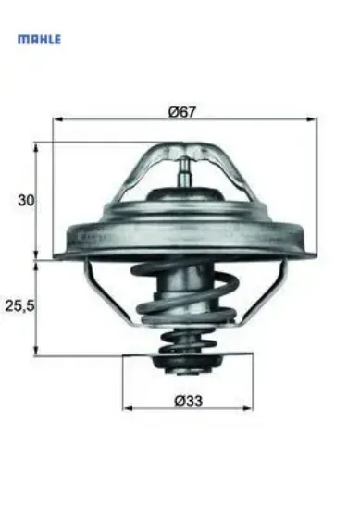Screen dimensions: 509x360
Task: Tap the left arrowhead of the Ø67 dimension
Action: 57,118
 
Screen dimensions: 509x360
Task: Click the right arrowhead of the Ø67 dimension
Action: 314,118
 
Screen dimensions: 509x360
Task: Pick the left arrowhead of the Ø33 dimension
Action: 128,407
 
